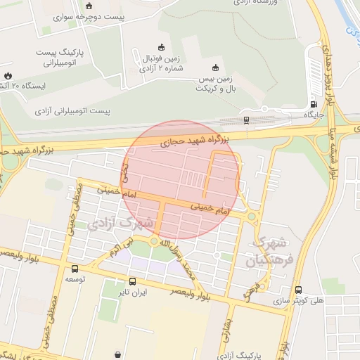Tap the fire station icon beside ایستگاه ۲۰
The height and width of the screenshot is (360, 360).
[x=8, y=75]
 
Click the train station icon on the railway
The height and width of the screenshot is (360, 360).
[x=246, y=120]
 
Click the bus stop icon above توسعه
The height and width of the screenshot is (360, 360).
[x=75, y=269]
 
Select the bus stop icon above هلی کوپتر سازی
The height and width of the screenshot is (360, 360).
[x=299, y=290]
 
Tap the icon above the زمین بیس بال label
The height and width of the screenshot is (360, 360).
[x=216, y=68]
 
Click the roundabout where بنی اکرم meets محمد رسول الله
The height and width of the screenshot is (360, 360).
[x=153, y=242]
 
